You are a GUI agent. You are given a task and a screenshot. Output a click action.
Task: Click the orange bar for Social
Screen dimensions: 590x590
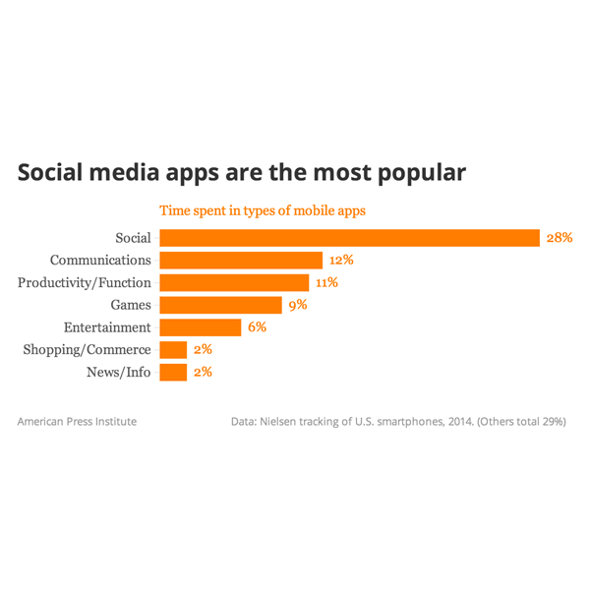(x=349, y=238)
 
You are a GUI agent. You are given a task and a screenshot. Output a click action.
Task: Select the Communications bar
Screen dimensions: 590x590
(x=241, y=261)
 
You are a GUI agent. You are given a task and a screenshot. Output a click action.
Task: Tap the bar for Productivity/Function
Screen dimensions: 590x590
(x=234, y=283)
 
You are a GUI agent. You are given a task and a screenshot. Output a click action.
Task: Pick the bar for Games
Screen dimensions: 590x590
(x=220, y=305)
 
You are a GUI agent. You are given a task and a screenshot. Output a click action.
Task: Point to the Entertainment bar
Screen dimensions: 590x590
(x=200, y=327)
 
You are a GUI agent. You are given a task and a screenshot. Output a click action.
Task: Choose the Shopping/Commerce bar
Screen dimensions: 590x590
(x=173, y=350)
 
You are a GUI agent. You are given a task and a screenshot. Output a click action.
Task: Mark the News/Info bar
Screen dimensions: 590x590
(x=173, y=373)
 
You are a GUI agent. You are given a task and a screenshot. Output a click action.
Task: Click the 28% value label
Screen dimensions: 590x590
(x=560, y=238)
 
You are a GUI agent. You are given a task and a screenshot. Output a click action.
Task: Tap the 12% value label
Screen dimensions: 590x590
(x=341, y=261)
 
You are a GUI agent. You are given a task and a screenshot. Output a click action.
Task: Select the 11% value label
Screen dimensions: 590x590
(x=326, y=283)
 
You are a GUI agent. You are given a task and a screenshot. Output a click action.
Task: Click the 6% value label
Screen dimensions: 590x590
(x=257, y=327)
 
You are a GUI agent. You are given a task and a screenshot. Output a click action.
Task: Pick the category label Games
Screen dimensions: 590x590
(x=131, y=305)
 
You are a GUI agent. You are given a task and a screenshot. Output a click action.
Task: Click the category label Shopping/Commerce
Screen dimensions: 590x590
(x=87, y=350)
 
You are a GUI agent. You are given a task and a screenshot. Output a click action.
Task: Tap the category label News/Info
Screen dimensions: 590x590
(x=119, y=373)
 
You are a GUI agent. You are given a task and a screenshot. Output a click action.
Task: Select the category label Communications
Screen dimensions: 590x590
(x=100, y=261)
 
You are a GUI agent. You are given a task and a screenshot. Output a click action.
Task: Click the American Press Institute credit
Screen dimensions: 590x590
(x=77, y=422)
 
